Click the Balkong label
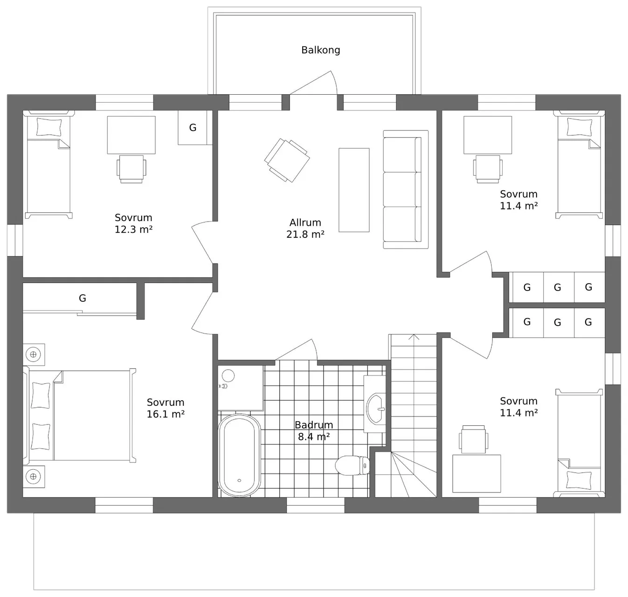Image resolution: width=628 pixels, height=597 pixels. tap(320, 50)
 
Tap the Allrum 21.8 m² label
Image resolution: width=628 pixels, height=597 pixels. tap(305, 228)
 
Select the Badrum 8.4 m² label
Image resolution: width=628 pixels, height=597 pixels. tap(313, 430)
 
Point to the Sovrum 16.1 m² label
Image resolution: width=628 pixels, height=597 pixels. tap(166, 408)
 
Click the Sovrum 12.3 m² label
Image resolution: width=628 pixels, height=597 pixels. tap(133, 223)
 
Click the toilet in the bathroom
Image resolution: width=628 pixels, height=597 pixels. tap(352, 465)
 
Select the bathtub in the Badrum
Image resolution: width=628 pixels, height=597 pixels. tap(239, 455)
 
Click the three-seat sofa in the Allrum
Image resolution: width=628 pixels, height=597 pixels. tap(405, 189)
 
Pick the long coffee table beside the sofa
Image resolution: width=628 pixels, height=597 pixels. tap(354, 190)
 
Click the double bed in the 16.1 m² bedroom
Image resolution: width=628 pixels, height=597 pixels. tap(80, 415)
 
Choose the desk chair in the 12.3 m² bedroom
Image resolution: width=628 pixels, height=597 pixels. tap(131, 169)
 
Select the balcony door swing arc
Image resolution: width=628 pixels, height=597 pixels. tap(334, 82)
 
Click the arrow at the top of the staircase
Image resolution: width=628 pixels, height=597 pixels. tap(414, 337)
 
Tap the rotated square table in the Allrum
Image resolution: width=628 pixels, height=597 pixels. tap(287, 160)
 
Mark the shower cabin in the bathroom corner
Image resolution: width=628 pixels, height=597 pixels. tap(241, 388)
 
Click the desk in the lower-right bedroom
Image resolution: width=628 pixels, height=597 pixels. tap(476, 474)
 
